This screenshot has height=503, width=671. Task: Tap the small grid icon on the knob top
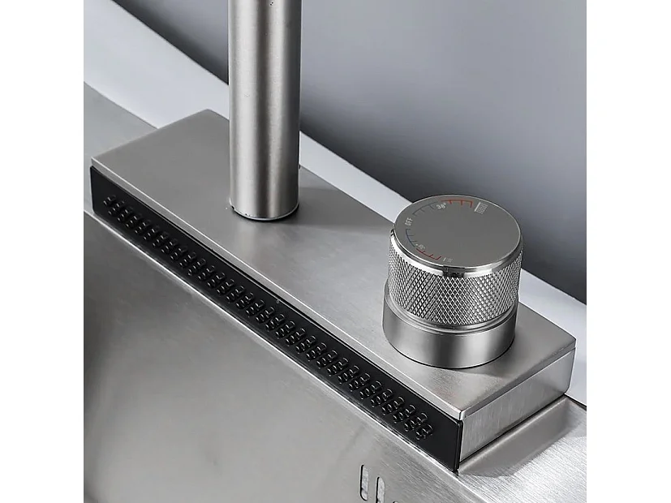480,208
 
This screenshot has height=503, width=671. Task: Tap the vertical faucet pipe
265,97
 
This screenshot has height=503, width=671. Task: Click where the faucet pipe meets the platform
265,213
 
